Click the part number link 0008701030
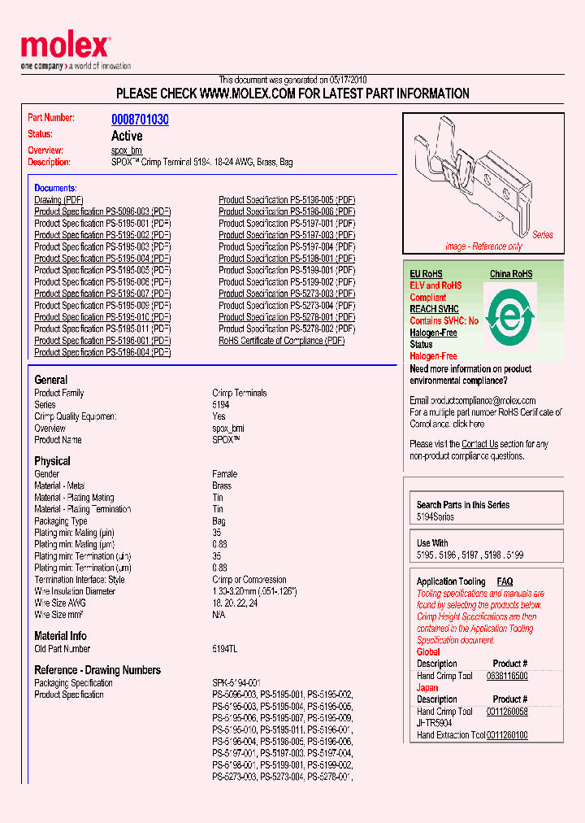point(140,120)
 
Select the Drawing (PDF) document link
point(58,200)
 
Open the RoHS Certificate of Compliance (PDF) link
point(281,341)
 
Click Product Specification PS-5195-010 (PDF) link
point(102,317)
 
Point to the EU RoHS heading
point(426,274)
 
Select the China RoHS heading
point(510,274)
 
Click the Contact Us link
point(479,444)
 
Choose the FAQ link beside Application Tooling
point(505,581)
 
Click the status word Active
point(127,136)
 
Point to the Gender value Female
point(224,474)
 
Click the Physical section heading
point(52,461)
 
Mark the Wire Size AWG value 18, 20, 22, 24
point(236,603)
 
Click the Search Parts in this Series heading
point(463,505)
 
